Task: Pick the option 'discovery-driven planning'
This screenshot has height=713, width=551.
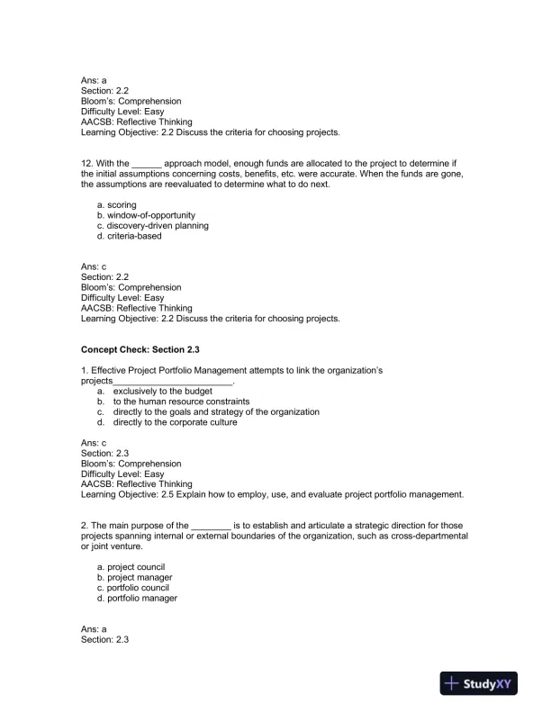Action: (x=152, y=226)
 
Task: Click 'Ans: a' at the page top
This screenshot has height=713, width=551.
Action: (x=94, y=80)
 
